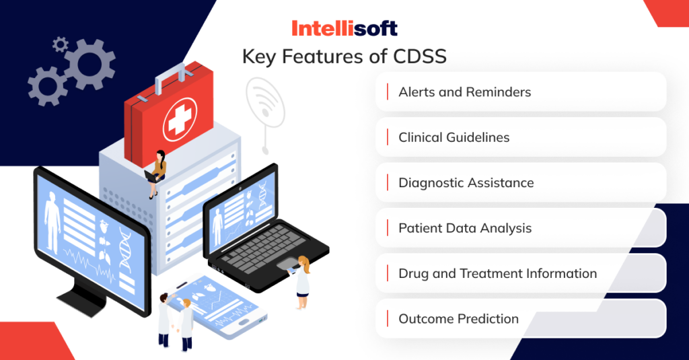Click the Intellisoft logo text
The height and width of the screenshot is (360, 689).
coord(344,28)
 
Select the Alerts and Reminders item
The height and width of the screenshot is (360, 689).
coord(464,92)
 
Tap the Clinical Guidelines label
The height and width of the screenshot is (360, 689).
coord(454,137)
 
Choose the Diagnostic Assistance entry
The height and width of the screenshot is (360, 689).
coord(466,183)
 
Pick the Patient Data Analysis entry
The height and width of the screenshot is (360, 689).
coord(464,228)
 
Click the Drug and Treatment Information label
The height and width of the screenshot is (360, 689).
coord(497,274)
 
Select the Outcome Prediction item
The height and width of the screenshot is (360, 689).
coord(458,319)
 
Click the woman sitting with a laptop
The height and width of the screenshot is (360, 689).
coord(158,172)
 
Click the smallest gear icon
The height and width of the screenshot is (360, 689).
coord(61,45)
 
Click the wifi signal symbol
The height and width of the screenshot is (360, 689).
coord(264,101)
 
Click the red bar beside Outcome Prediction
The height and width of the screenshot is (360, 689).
coord(388,319)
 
